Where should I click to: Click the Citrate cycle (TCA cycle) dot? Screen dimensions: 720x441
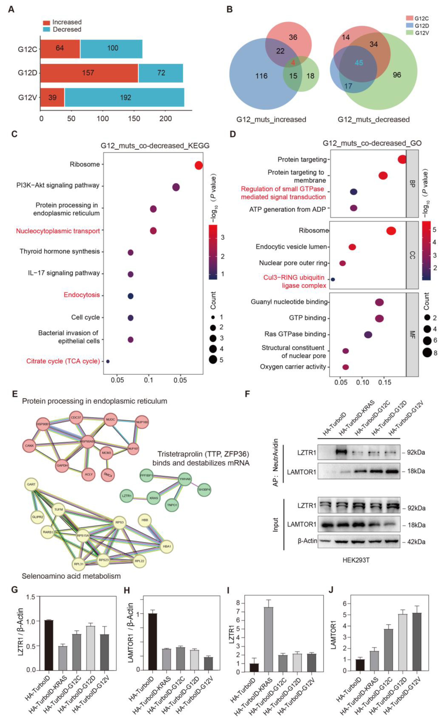click(108, 361)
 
